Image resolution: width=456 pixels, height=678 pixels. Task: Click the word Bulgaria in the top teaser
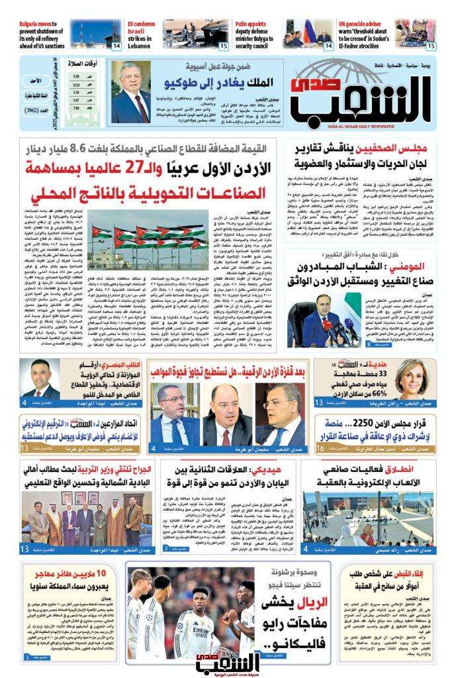[32, 23]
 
